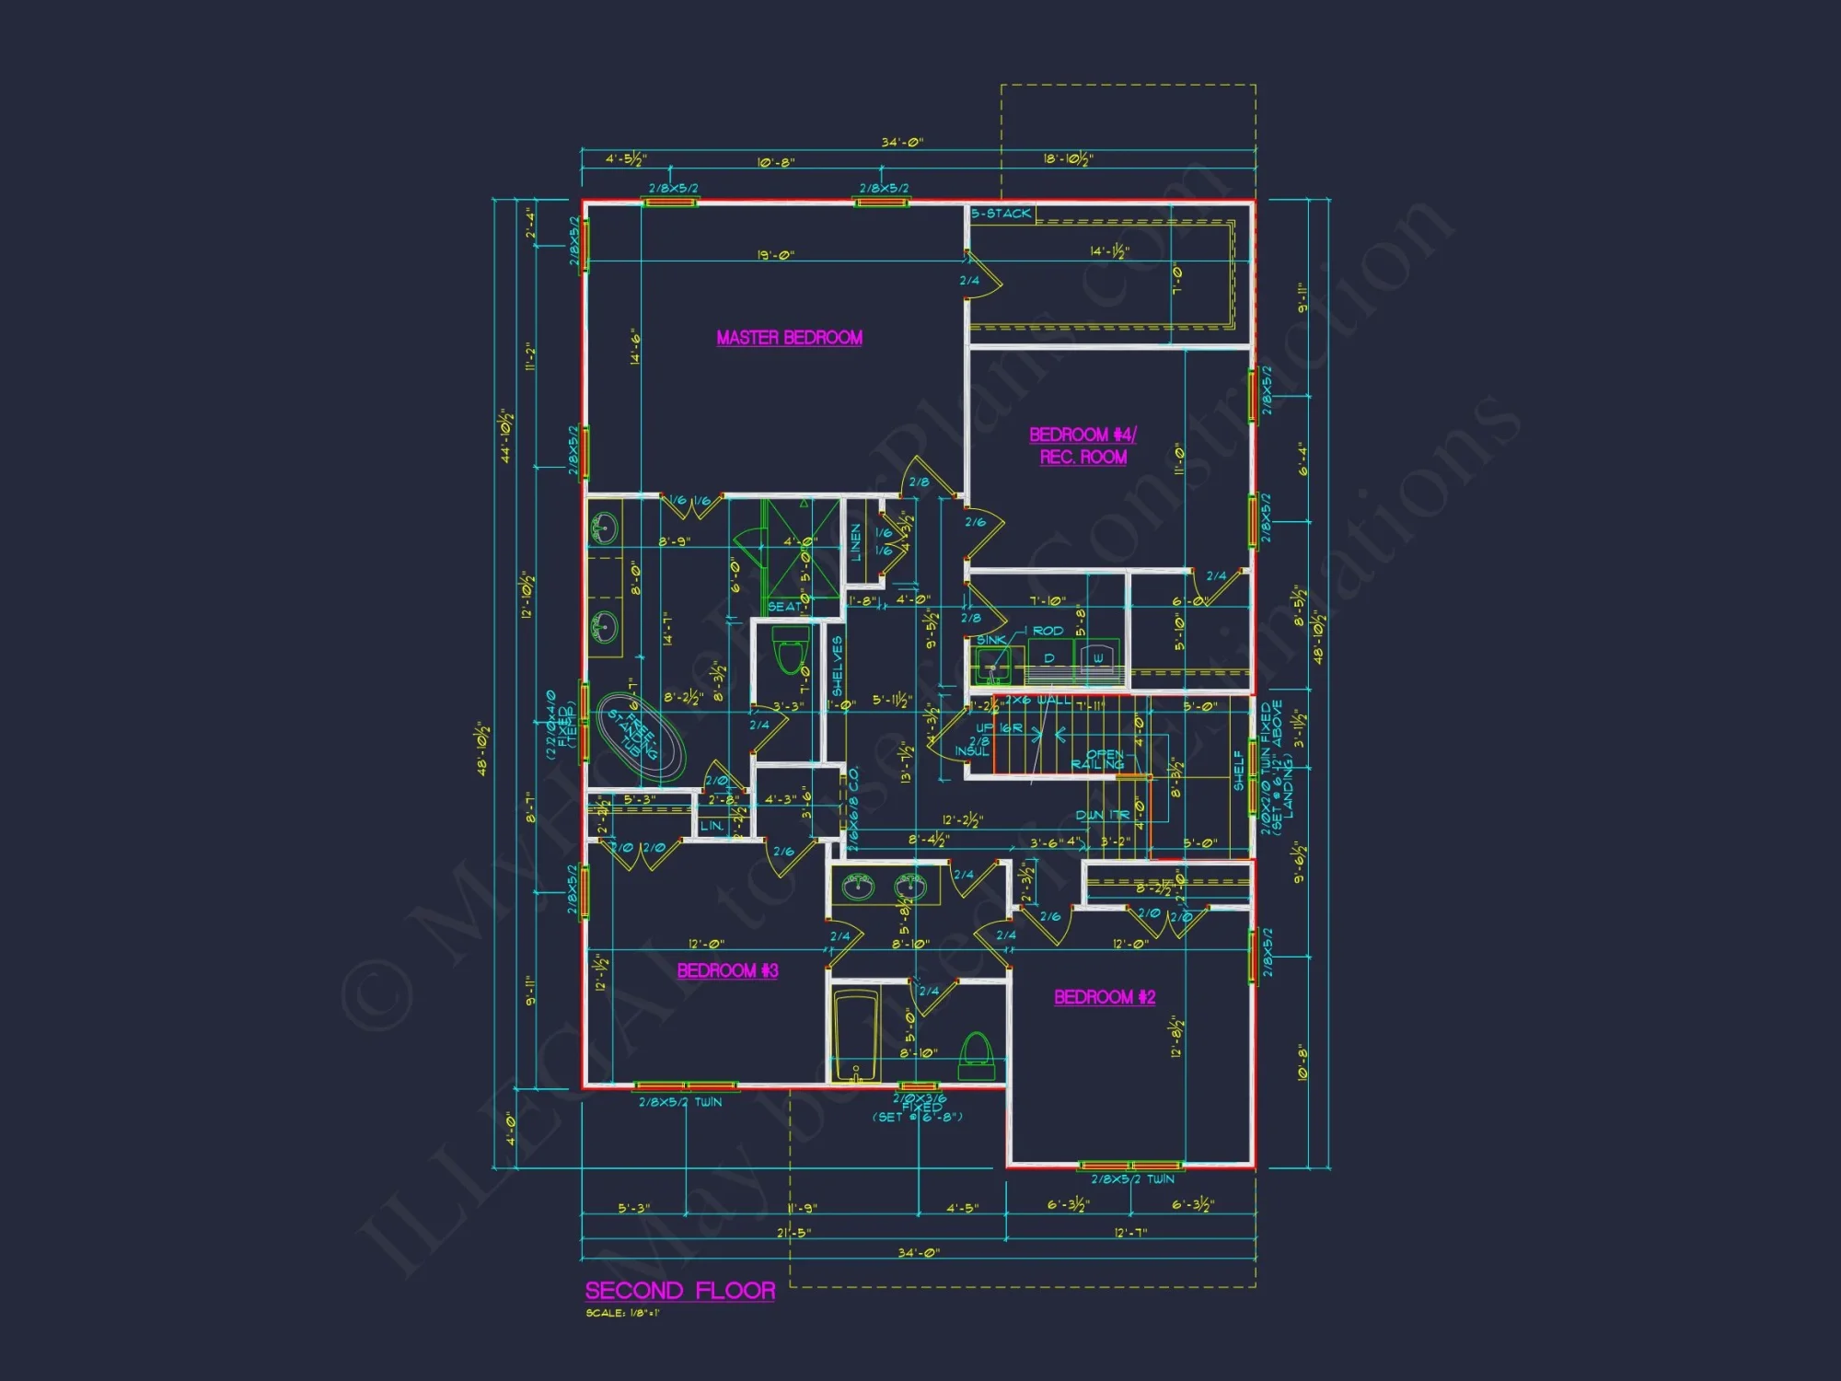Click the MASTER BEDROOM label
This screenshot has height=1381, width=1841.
click(x=789, y=338)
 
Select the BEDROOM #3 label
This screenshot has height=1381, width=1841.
click(x=727, y=970)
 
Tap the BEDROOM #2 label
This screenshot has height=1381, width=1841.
click(x=1104, y=997)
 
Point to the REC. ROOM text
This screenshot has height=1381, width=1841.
click(x=1083, y=458)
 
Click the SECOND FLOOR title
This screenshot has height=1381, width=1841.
click(x=679, y=1291)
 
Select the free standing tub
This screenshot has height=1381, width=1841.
click(x=641, y=739)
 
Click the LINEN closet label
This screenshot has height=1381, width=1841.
click(x=856, y=542)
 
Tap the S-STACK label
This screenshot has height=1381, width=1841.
click(x=1002, y=214)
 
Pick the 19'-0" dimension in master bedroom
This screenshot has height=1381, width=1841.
click(x=775, y=255)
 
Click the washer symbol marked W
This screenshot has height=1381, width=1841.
click(x=1097, y=658)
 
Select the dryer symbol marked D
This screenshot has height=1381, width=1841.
click(x=1048, y=658)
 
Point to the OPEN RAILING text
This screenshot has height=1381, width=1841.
click(x=1099, y=760)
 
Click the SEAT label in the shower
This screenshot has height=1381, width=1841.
click(x=784, y=607)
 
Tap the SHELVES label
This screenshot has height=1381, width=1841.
click(x=837, y=666)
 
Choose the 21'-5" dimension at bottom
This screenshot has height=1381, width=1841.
click(x=793, y=1233)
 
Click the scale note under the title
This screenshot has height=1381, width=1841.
click(x=622, y=1313)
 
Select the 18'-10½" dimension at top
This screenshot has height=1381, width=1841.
click(x=1068, y=159)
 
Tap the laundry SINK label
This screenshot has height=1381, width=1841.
click(x=990, y=640)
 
